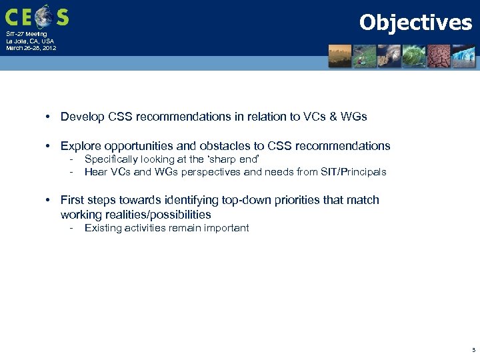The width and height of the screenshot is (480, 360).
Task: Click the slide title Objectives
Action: [415, 23]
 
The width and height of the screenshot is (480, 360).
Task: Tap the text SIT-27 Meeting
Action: [27, 34]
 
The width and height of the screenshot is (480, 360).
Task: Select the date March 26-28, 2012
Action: [31, 48]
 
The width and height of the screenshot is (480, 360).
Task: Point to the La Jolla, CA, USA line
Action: [30, 41]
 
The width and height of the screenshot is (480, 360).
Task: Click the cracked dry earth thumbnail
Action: [438, 56]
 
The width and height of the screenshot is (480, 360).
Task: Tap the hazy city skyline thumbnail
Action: [341, 56]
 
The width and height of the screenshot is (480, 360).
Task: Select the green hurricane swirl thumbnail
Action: [413, 56]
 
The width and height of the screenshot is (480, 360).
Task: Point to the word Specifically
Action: [110, 160]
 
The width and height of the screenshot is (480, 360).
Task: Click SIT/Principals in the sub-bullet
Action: [354, 172]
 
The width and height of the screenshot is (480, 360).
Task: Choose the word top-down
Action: [257, 200]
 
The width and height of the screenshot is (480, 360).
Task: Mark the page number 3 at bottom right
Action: [473, 349]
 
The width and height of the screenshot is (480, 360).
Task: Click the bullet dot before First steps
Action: [49, 200]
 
